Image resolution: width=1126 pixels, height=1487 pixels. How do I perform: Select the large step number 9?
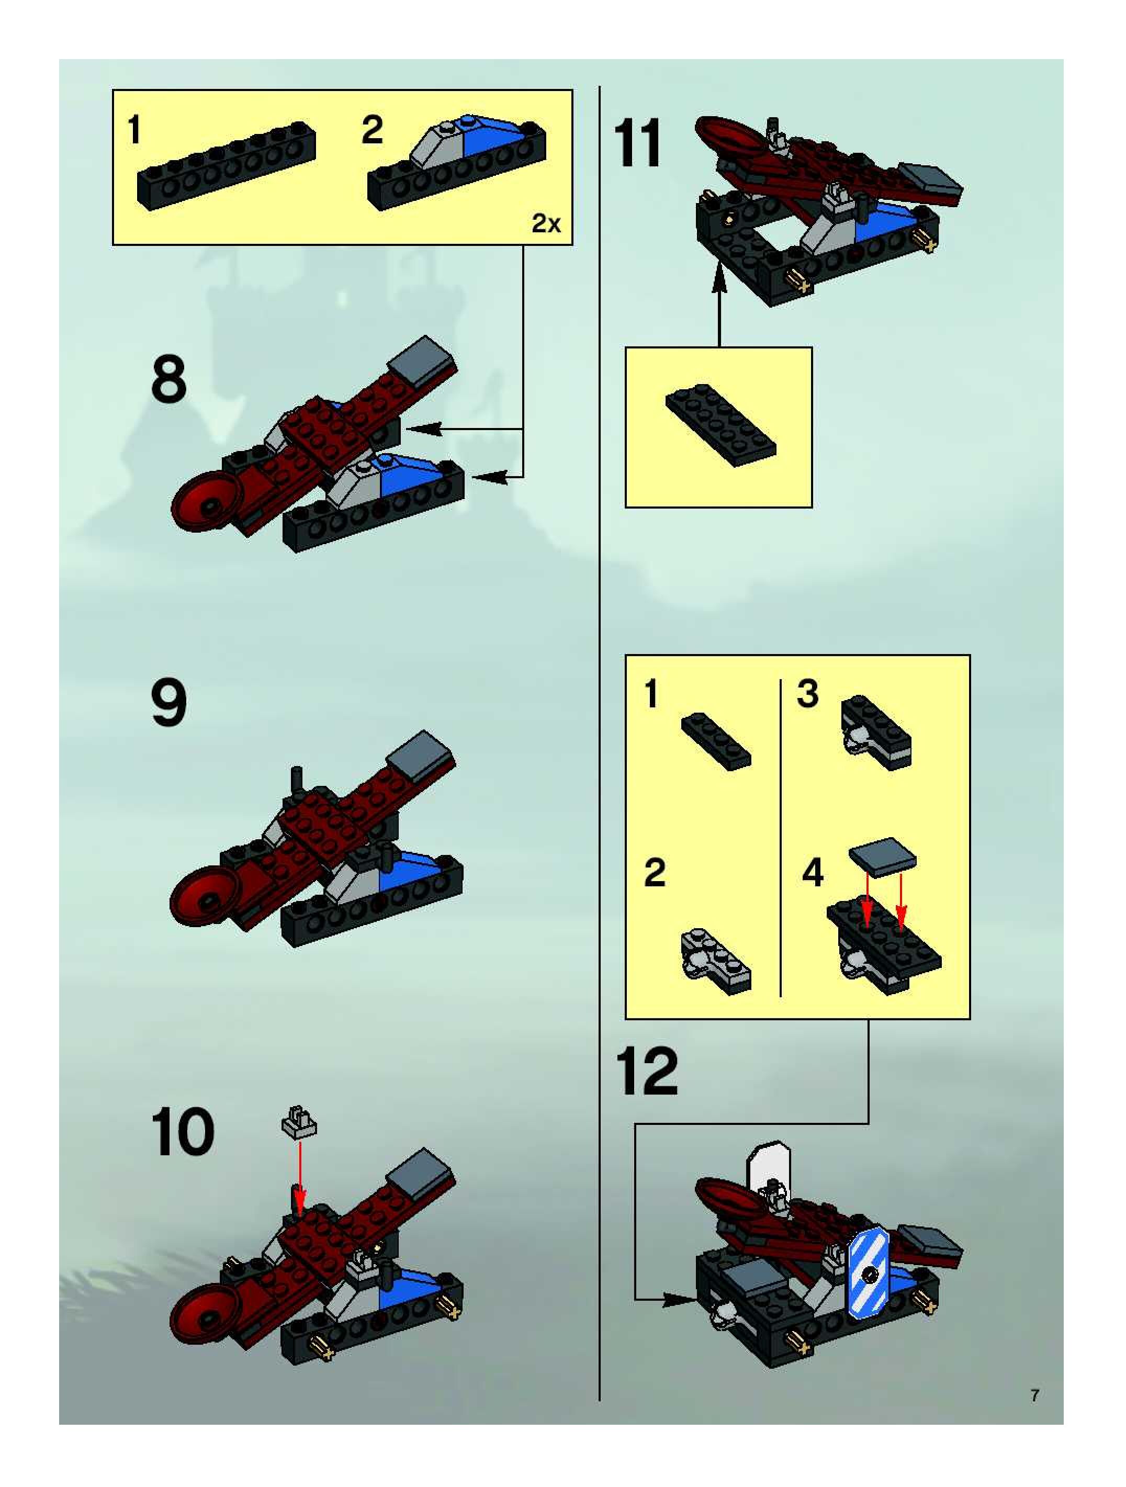[x=168, y=703]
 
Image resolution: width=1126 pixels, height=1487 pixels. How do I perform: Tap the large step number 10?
[x=182, y=1132]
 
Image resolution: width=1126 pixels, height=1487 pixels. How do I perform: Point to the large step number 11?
[x=637, y=143]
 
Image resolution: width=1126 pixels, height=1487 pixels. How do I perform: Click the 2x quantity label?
[x=546, y=223]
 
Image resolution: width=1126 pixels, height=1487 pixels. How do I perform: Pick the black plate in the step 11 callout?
[x=720, y=425]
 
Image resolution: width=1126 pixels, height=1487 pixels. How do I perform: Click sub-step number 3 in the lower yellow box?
[x=807, y=694]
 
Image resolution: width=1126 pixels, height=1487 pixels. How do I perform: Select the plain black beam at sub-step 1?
[x=227, y=165]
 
